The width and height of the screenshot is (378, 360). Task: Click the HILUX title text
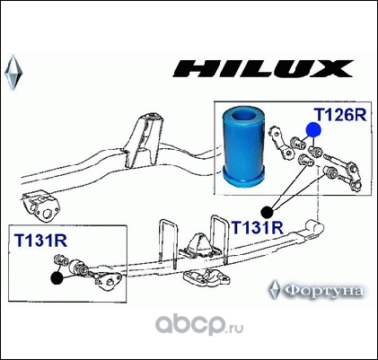263,68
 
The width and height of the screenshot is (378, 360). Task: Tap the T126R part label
340,114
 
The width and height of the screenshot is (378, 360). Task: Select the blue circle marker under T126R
313,130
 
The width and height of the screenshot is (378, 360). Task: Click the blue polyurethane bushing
244,147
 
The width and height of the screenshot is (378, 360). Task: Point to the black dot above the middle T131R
267,212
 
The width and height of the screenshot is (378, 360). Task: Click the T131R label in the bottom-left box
40,241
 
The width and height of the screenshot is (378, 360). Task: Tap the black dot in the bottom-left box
57,278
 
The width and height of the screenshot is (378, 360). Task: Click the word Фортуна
323,291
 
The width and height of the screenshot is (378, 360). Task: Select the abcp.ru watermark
198,325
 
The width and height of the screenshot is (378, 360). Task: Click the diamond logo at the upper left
13,73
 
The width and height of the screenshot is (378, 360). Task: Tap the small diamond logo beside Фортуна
275,290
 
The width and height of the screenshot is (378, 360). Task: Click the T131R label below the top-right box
258,227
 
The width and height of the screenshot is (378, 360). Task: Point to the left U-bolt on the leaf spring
168,242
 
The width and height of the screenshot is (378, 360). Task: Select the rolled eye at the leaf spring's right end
314,230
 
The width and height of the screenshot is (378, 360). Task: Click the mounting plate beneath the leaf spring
207,277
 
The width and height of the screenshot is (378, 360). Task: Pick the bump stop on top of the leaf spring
198,245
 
